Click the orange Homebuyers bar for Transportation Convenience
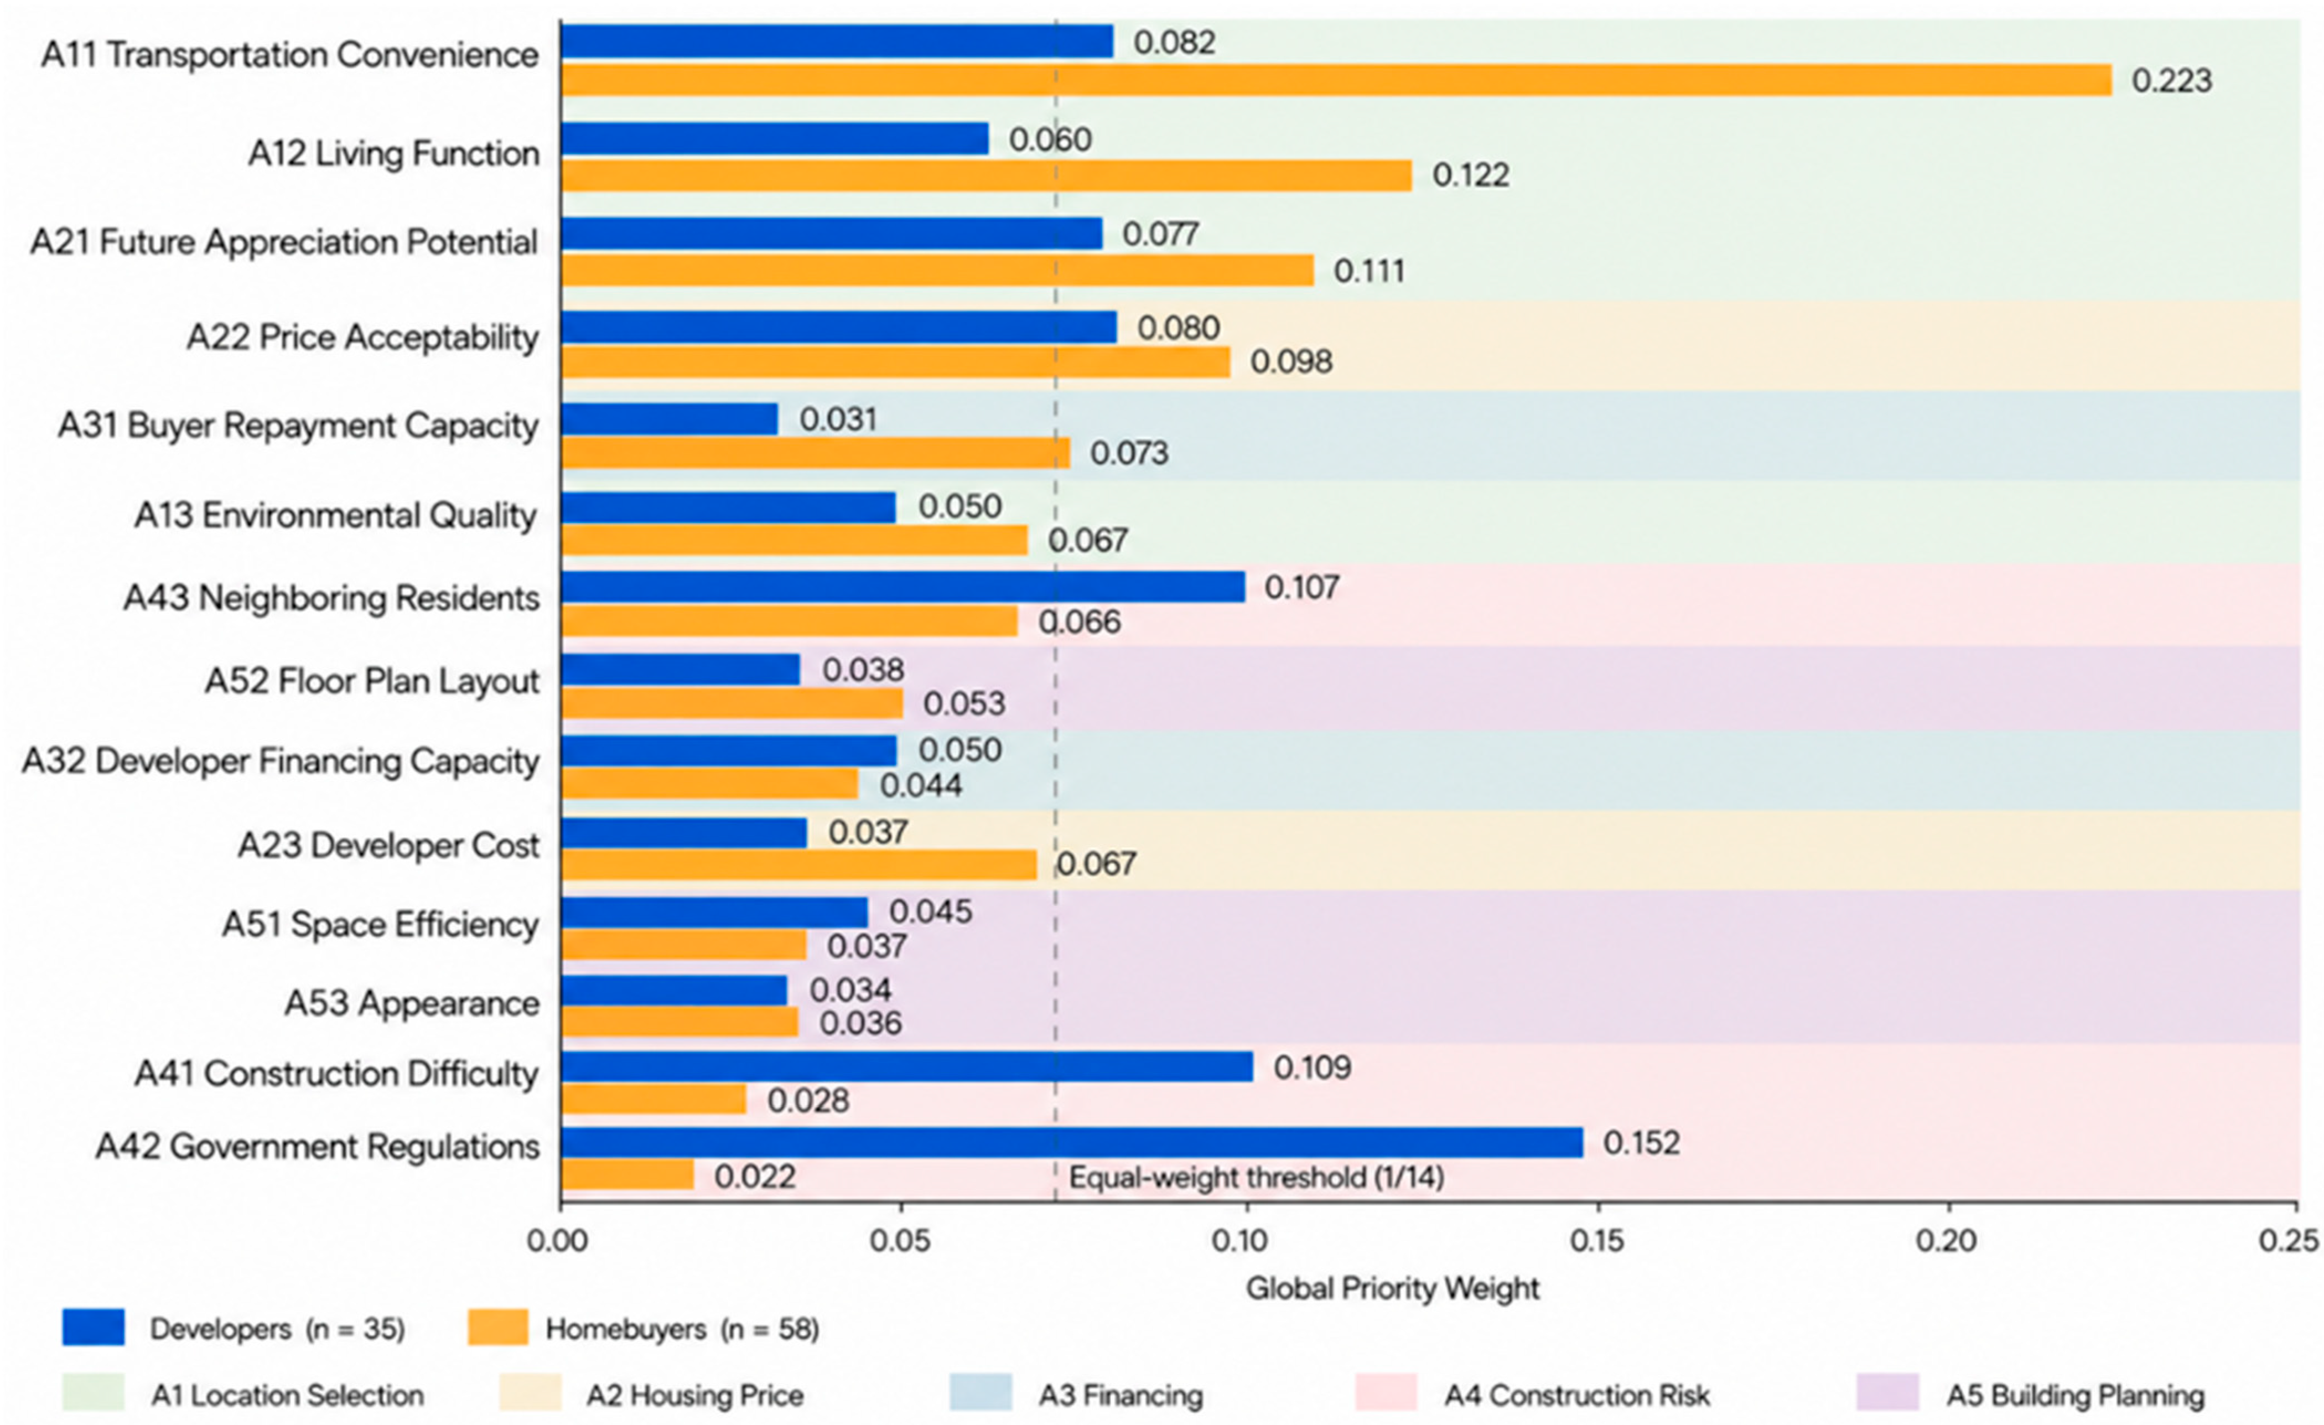tap(1336, 80)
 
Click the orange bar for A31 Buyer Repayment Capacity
tap(815, 453)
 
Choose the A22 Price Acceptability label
tap(362, 336)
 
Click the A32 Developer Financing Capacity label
tap(280, 761)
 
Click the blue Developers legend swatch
tap(94, 1327)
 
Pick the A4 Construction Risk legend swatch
tap(1386, 1393)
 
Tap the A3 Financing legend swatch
tap(981, 1393)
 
